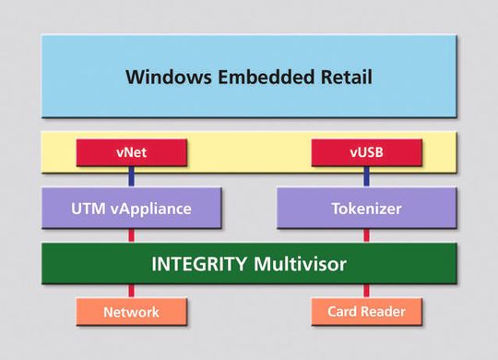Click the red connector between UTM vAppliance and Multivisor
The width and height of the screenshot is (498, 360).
click(132, 235)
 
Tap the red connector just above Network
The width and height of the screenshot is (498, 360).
click(132, 291)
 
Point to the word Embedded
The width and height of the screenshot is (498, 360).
click(266, 76)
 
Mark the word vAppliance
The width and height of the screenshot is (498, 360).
click(149, 209)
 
